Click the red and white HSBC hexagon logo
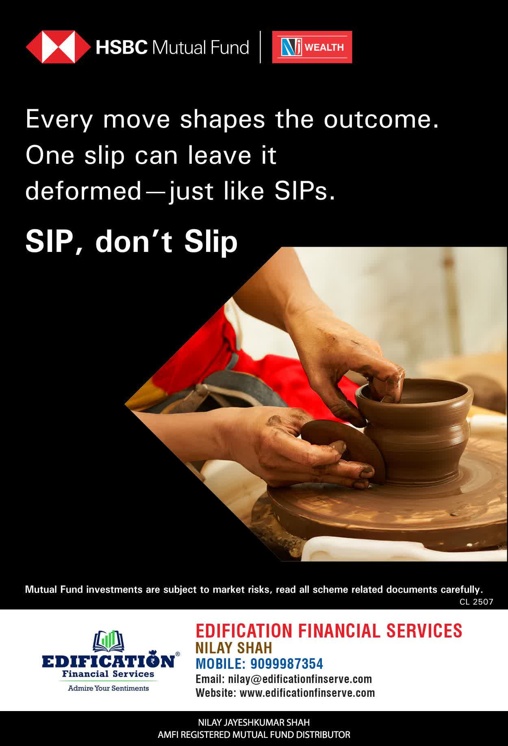click(x=58, y=47)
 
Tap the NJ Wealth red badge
click(x=312, y=47)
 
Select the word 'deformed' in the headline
click(x=83, y=191)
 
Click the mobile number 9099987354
click(x=287, y=664)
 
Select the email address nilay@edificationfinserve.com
click(x=300, y=679)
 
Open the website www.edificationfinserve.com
click(x=307, y=693)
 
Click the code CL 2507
click(x=476, y=602)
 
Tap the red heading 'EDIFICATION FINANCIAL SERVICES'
click(x=329, y=631)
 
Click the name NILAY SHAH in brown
click(x=234, y=648)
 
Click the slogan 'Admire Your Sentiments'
click(x=108, y=688)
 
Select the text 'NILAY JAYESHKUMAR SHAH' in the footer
click(x=254, y=723)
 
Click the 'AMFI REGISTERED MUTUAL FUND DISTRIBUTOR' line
click(x=254, y=735)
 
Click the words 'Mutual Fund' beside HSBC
click(x=200, y=48)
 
